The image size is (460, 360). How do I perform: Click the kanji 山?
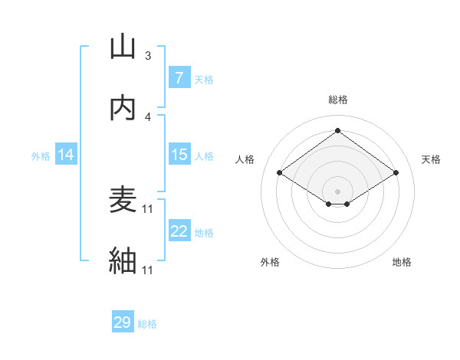pos(123,47)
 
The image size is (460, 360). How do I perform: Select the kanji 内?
pos(123,109)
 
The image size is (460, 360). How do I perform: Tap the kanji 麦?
pos(123,201)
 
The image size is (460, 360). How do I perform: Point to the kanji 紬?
pos(123,261)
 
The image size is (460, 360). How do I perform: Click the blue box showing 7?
pos(179,78)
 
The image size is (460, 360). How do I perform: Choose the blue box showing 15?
pos(179,155)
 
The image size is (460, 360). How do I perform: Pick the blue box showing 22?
pos(179,231)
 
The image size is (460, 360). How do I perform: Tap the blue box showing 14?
pos(66,155)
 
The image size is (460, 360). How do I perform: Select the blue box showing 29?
pos(123,322)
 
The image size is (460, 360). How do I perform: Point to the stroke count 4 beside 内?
pos(147,116)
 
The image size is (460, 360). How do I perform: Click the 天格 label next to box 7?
pos(204,79)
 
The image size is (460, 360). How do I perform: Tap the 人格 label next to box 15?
pos(204,155)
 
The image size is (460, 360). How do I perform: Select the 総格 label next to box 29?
pos(147,323)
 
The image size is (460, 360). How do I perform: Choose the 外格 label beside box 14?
pos(41,155)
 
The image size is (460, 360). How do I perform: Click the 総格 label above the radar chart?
pos(337,100)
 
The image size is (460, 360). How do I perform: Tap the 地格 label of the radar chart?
pos(402,262)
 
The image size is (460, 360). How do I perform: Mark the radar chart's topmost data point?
pos(337,131)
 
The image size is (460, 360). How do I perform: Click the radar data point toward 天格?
pos(396,173)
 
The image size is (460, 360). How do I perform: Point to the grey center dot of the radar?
pos(337,191)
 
